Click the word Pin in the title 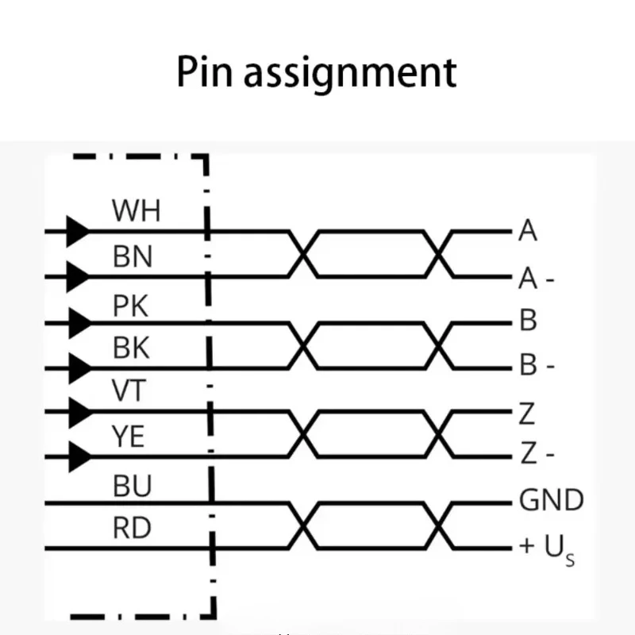pos(205,71)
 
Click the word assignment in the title pos(350,74)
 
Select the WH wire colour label pos(136,210)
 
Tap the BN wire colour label pos(133,256)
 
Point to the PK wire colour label pos(130,306)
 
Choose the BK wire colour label pos(131,348)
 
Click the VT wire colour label pos(129,391)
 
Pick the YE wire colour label pos(128,436)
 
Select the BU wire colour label pos(132,486)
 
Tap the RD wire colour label pos(132,528)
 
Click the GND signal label pos(551,500)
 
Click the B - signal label pos(537,364)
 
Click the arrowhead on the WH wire pos(78,231)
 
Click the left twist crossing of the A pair pos(304,254)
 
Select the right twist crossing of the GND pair pos(439,525)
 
